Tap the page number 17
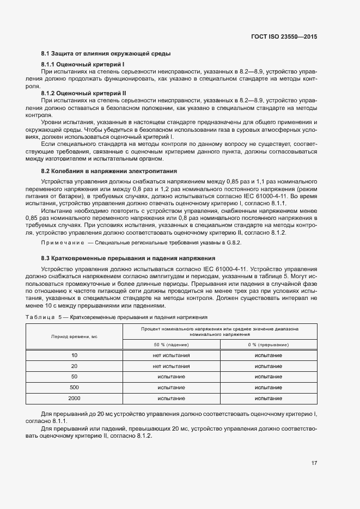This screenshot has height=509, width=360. click(314, 463)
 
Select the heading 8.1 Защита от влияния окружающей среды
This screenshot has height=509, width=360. click(106, 53)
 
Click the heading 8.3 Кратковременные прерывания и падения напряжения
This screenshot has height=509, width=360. click(128, 258)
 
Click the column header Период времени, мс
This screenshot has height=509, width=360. click(74, 337)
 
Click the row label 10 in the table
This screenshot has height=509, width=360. click(74, 355)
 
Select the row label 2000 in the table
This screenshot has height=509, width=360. click(74, 398)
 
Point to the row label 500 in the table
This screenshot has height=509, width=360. click(74, 388)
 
